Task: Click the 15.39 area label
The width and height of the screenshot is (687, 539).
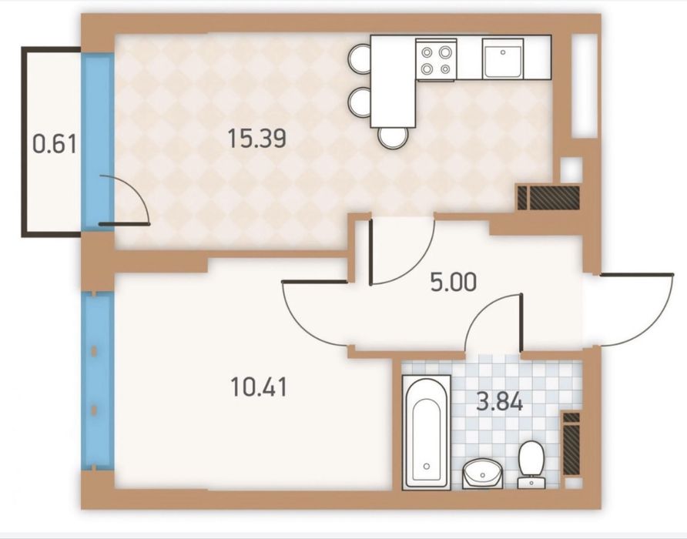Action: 257,139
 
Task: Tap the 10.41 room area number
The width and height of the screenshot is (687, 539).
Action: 259,387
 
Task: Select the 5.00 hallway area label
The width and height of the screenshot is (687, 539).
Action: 453,283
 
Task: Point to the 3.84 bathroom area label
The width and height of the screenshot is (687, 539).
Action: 500,401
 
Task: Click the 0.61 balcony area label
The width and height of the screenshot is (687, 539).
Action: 55,144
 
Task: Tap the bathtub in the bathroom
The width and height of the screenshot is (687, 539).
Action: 427,431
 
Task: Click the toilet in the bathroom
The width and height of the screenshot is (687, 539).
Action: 531,464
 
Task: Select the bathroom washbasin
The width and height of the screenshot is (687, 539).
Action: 482,473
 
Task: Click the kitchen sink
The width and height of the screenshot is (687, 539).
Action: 503,59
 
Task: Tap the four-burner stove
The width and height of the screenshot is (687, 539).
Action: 435,59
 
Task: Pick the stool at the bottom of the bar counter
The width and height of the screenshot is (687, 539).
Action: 394,137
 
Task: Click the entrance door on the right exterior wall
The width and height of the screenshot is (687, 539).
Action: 635,309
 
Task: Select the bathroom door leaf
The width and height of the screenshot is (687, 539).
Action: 521,322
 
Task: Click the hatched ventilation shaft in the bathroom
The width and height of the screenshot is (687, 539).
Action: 571,444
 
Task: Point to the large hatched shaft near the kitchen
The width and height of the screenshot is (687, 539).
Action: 555,197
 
